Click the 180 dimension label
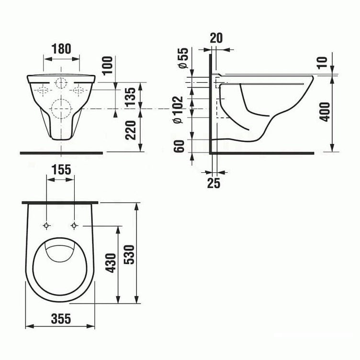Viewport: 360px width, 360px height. [61, 49]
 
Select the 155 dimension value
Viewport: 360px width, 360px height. [61, 170]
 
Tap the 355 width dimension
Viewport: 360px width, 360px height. [61, 319]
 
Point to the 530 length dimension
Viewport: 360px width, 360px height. [129, 255]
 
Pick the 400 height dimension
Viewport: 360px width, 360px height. [325, 112]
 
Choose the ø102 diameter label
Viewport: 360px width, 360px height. [178, 110]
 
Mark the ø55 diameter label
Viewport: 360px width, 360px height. [183, 58]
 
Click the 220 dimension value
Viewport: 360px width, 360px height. [131, 130]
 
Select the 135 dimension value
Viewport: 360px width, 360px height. [131, 96]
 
